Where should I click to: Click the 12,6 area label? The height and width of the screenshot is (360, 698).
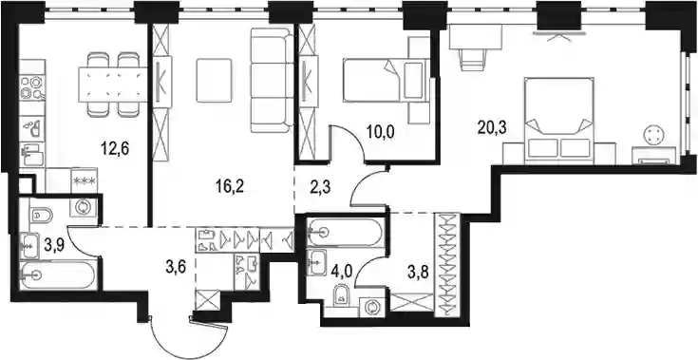(x=115, y=149)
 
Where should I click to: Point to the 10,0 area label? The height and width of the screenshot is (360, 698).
(x=381, y=133)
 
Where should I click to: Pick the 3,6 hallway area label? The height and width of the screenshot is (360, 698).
(x=175, y=268)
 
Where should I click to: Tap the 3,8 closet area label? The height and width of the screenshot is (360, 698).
(x=418, y=272)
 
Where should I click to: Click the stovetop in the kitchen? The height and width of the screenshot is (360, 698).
(x=32, y=87)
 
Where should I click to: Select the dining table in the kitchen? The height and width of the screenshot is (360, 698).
(x=113, y=85)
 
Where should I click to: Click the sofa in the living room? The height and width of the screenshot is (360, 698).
(x=270, y=80)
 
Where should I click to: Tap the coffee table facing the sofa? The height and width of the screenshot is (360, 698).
(x=214, y=80)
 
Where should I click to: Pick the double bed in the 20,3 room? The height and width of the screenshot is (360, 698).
(x=559, y=121)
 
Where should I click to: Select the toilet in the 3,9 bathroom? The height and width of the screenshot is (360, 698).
(x=41, y=216)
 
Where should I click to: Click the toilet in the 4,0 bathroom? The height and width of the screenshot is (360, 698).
(x=342, y=296)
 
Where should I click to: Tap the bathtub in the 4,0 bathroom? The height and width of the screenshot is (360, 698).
(x=345, y=232)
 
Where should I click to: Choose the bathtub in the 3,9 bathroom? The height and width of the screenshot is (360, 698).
(x=58, y=275)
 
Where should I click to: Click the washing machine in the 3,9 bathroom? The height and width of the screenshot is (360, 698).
(x=84, y=207)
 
